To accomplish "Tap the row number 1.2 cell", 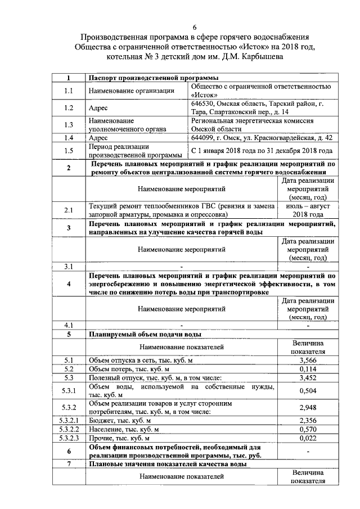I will tap(69, 107).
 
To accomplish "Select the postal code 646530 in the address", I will tap(204, 103).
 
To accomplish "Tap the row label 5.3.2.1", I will tap(69, 420).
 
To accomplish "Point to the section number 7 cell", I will tap(69, 464).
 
